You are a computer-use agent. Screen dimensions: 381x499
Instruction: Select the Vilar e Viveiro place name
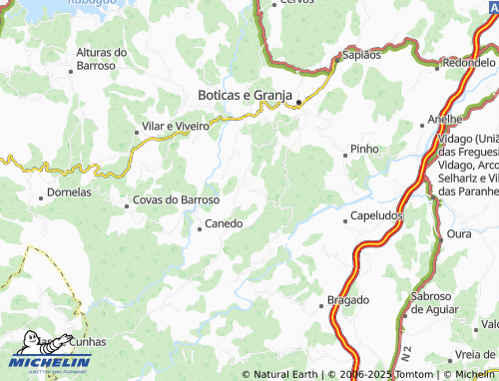[x=177, y=127]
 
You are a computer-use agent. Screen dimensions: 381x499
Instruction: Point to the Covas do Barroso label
[x=176, y=199]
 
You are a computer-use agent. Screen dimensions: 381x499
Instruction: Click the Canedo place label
[x=224, y=223]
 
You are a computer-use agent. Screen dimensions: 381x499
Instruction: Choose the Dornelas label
[x=70, y=191]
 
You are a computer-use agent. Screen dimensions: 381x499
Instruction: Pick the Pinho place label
[x=361, y=150]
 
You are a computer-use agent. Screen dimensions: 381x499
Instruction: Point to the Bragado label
[x=348, y=299]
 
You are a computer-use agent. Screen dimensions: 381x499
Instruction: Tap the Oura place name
[x=459, y=233]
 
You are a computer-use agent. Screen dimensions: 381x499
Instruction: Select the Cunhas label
[x=88, y=341]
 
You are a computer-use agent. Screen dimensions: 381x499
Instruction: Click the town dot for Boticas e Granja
[x=298, y=102]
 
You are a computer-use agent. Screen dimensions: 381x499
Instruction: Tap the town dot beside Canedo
[x=200, y=229]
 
